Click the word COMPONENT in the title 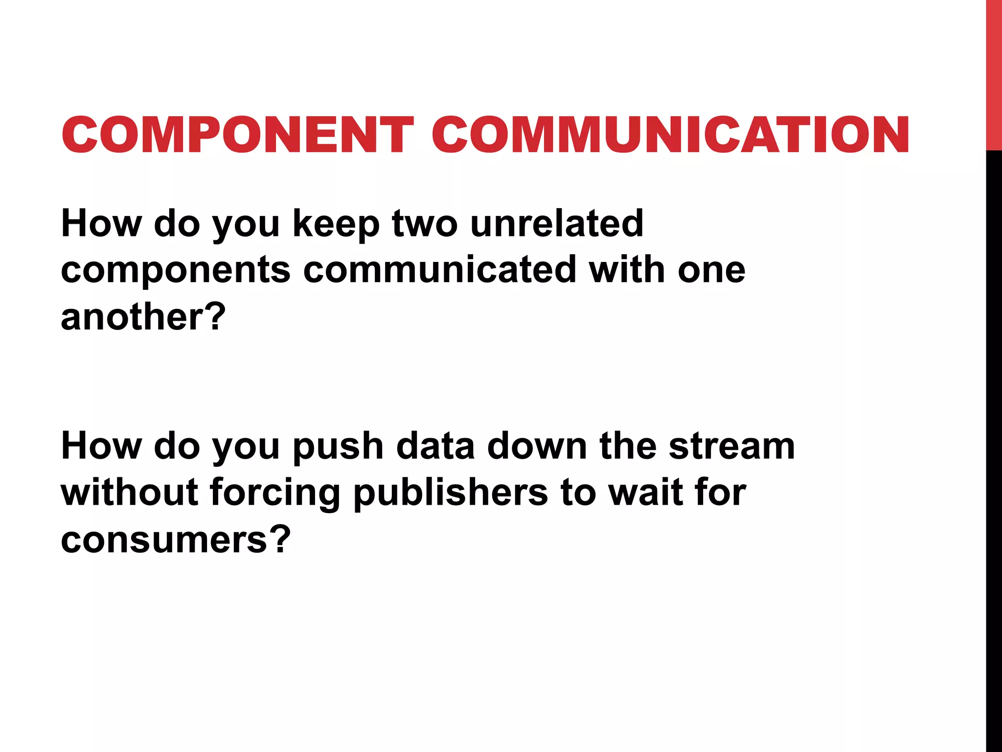tap(238, 135)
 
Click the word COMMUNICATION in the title tap(670, 135)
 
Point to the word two tap(425, 224)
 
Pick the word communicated tap(440, 271)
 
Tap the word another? tap(143, 317)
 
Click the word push tap(338, 447)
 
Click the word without tap(129, 493)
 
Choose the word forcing tap(275, 493)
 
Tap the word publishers tap(450, 493)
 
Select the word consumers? tap(176, 540)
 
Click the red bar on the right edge tap(994, 73)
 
